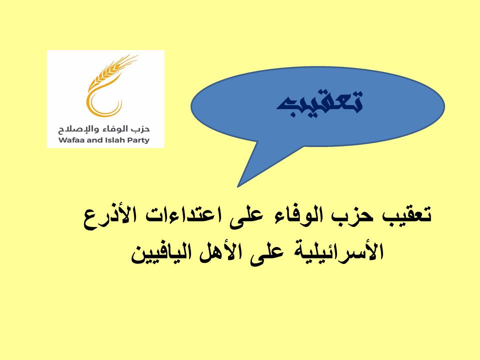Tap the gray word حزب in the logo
[141, 129]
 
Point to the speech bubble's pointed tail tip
[237, 186]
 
